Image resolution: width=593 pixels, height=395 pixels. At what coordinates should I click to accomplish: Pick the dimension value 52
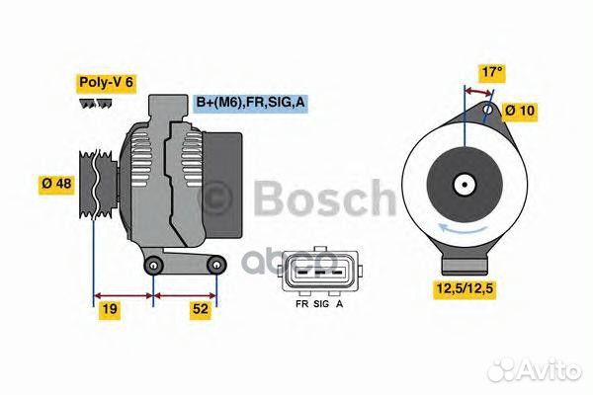[x=202, y=309]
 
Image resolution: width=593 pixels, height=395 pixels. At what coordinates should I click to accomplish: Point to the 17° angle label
[x=491, y=71]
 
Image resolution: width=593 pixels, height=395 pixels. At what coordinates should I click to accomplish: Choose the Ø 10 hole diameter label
[x=520, y=110]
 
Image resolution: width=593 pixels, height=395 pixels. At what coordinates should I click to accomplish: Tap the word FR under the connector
[x=301, y=305]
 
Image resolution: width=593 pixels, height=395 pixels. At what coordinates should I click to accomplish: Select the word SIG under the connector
[x=321, y=305]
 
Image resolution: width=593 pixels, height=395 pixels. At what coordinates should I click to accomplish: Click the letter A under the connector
[x=340, y=305]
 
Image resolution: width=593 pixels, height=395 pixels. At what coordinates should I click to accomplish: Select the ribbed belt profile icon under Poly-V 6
[x=95, y=103]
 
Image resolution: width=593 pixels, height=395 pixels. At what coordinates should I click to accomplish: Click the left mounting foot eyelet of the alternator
[x=153, y=268]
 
